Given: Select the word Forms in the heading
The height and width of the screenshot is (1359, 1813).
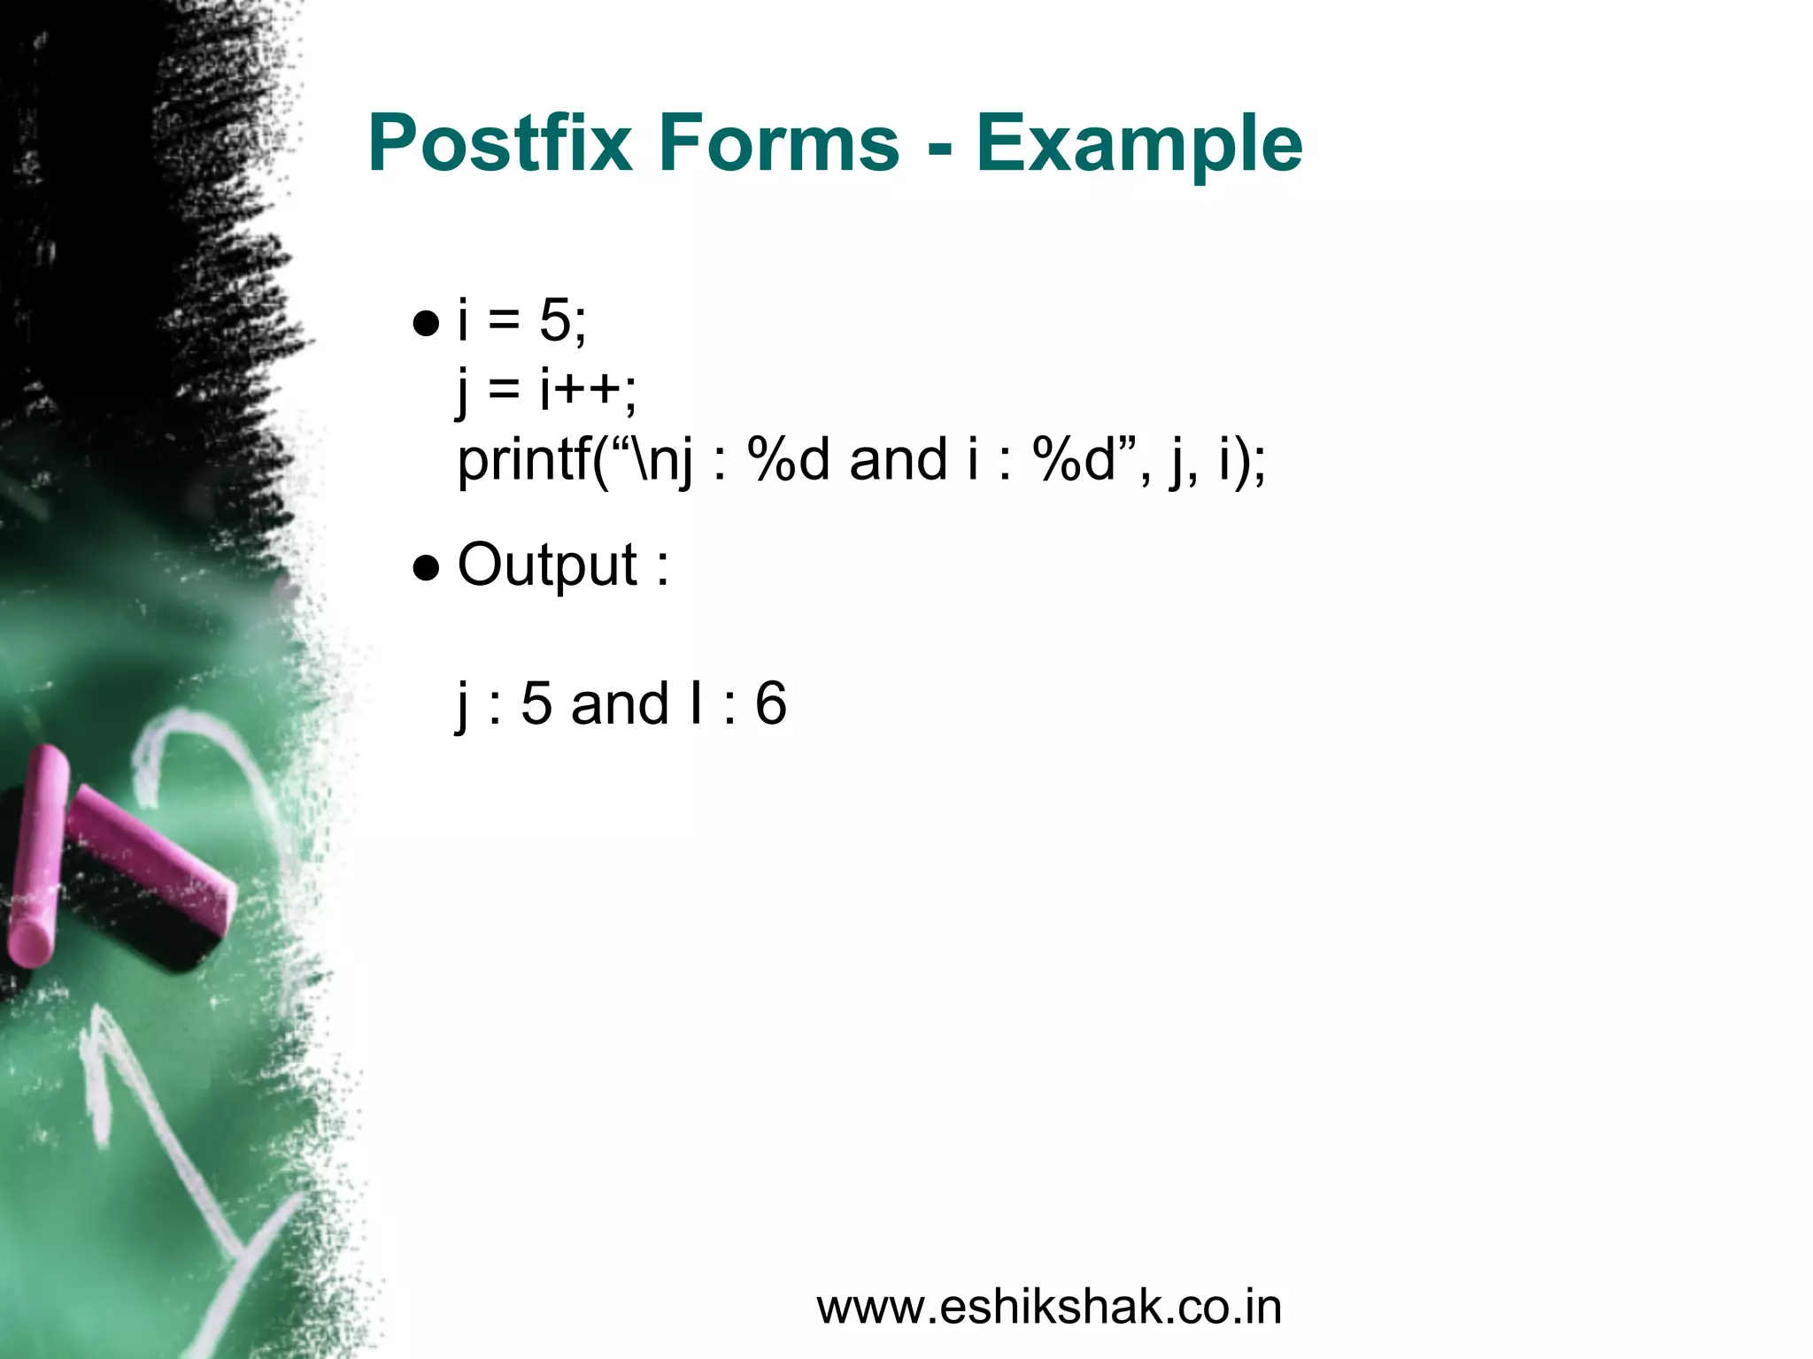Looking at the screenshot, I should click(x=778, y=143).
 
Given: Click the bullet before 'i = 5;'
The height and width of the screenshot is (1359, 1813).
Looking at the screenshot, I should click(x=426, y=324).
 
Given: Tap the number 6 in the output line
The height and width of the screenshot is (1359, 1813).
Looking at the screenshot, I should click(x=770, y=704).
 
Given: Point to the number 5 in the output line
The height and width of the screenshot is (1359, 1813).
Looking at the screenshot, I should click(x=536, y=704).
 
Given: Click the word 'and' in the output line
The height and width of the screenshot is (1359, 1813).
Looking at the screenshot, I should click(x=620, y=704).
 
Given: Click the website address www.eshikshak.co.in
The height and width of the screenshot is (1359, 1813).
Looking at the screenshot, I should click(x=1049, y=1308).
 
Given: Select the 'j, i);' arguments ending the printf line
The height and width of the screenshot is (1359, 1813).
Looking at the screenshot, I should click(x=1217, y=462).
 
